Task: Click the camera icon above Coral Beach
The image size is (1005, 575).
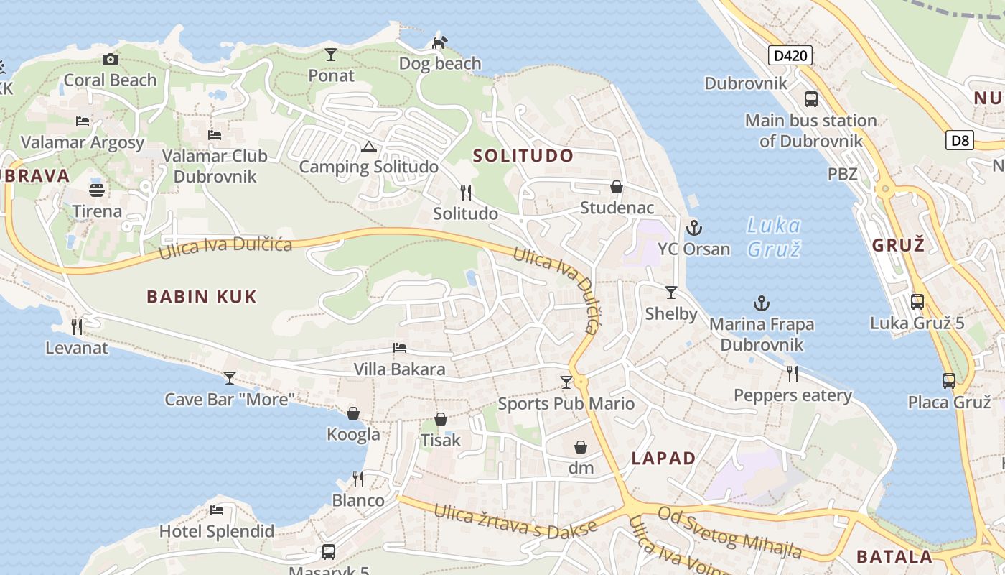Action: click(x=110, y=59)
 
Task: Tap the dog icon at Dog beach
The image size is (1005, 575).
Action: click(x=439, y=42)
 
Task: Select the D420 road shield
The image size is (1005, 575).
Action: click(x=790, y=55)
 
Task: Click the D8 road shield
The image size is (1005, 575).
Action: click(x=960, y=140)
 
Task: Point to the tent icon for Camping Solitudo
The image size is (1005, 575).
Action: click(x=368, y=147)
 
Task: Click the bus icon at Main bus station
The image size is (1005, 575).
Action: click(x=811, y=99)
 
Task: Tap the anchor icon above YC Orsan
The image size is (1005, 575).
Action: click(x=693, y=229)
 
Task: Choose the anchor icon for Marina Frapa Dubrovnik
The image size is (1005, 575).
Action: click(x=761, y=303)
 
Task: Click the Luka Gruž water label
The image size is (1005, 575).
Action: click(x=774, y=237)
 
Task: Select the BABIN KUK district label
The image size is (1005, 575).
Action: click(x=202, y=297)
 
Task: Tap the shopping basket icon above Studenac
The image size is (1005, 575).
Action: click(x=616, y=188)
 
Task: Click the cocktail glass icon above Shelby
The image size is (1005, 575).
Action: click(x=671, y=293)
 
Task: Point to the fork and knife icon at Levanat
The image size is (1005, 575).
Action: click(x=76, y=327)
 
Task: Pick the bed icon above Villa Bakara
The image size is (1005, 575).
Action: click(x=400, y=349)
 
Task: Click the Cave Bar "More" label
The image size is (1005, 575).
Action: click(x=230, y=399)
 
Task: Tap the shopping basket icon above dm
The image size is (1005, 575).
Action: click(x=581, y=448)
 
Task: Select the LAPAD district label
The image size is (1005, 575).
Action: click(x=663, y=459)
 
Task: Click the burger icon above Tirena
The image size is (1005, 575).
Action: click(x=97, y=190)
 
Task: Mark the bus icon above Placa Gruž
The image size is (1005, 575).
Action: click(x=949, y=381)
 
